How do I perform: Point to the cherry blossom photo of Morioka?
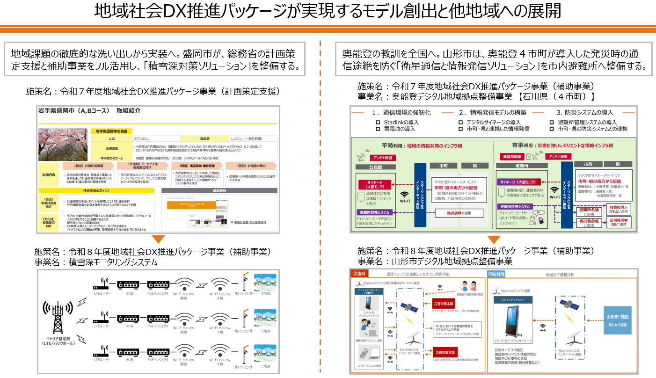63,145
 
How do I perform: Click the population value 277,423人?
142,138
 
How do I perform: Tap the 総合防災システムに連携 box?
620,209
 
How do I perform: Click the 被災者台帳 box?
590,222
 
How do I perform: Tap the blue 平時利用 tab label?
496,274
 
